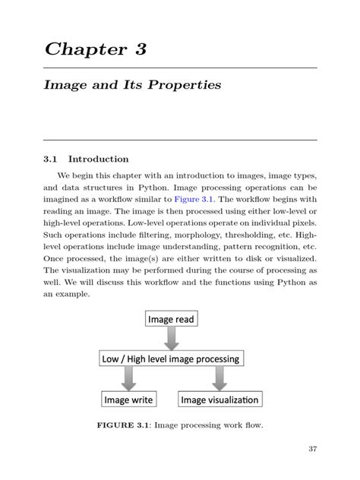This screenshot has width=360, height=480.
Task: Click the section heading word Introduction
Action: tap(98, 159)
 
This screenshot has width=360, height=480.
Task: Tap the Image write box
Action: tap(128, 399)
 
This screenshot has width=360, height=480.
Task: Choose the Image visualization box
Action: tap(219, 399)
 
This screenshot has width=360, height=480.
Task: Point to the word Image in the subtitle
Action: tap(63, 85)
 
